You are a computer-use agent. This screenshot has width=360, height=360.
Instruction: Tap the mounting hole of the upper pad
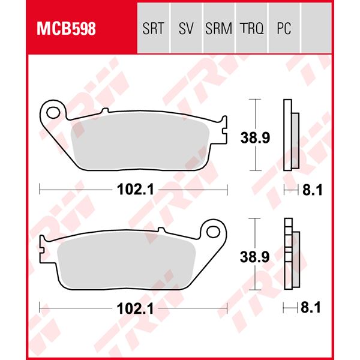(x=55, y=112)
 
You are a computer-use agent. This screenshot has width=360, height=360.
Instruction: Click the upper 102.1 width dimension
(x=133, y=189)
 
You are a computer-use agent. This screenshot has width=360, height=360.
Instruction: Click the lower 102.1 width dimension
(x=133, y=310)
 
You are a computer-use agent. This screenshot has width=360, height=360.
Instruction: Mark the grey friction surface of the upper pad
(x=141, y=144)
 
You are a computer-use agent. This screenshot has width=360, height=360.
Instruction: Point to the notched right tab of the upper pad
(x=224, y=129)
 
